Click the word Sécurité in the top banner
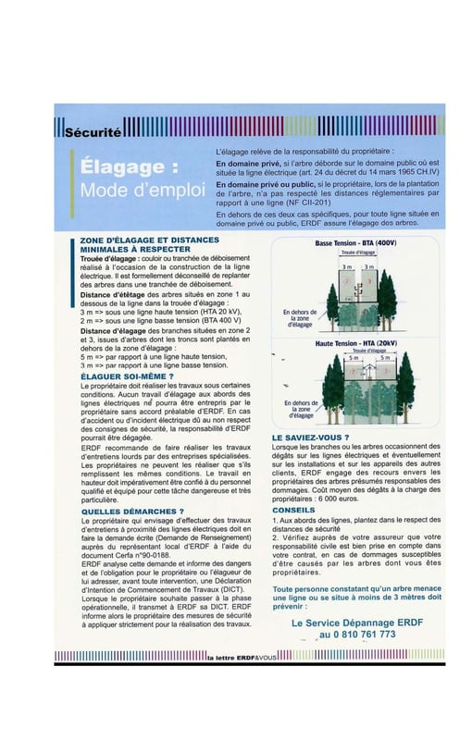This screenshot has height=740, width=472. pyautogui.click(x=93, y=132)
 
